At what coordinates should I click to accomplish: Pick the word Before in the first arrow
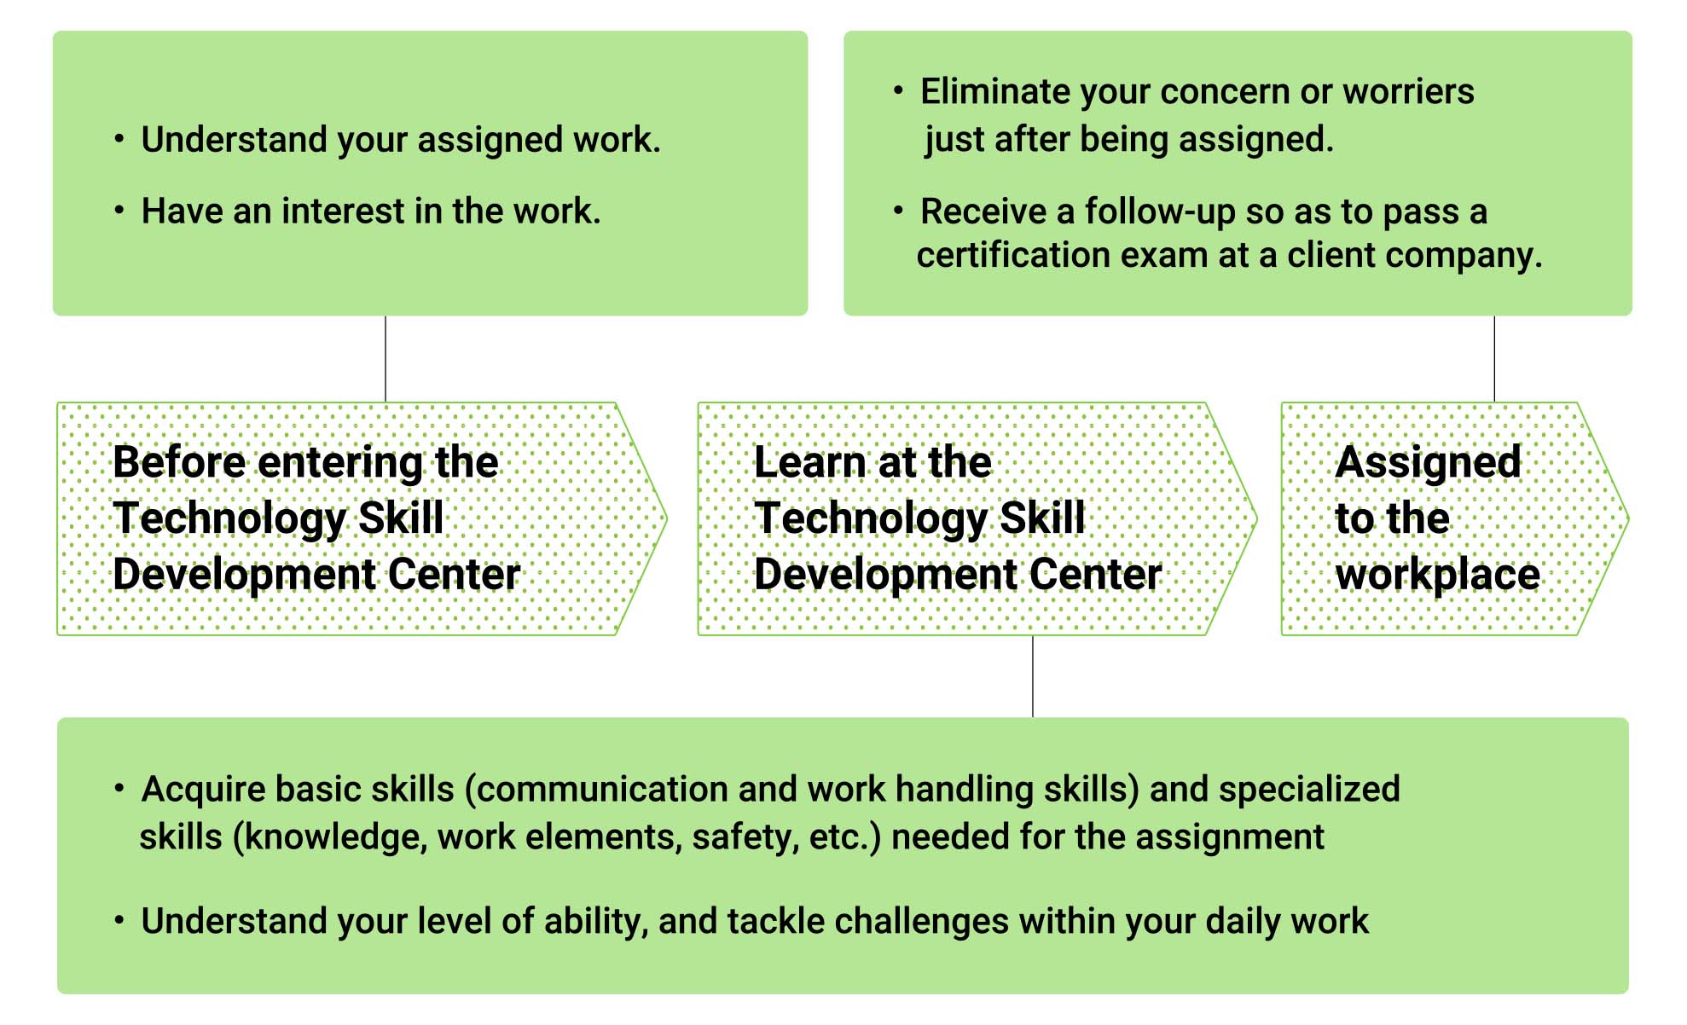point(180,462)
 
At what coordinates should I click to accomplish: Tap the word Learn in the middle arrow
point(810,462)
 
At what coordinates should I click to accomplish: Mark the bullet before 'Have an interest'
point(119,210)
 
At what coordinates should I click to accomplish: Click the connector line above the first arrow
point(386,359)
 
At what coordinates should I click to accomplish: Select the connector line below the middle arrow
point(1033,676)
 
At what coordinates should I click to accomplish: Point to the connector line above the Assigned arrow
point(1494,359)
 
